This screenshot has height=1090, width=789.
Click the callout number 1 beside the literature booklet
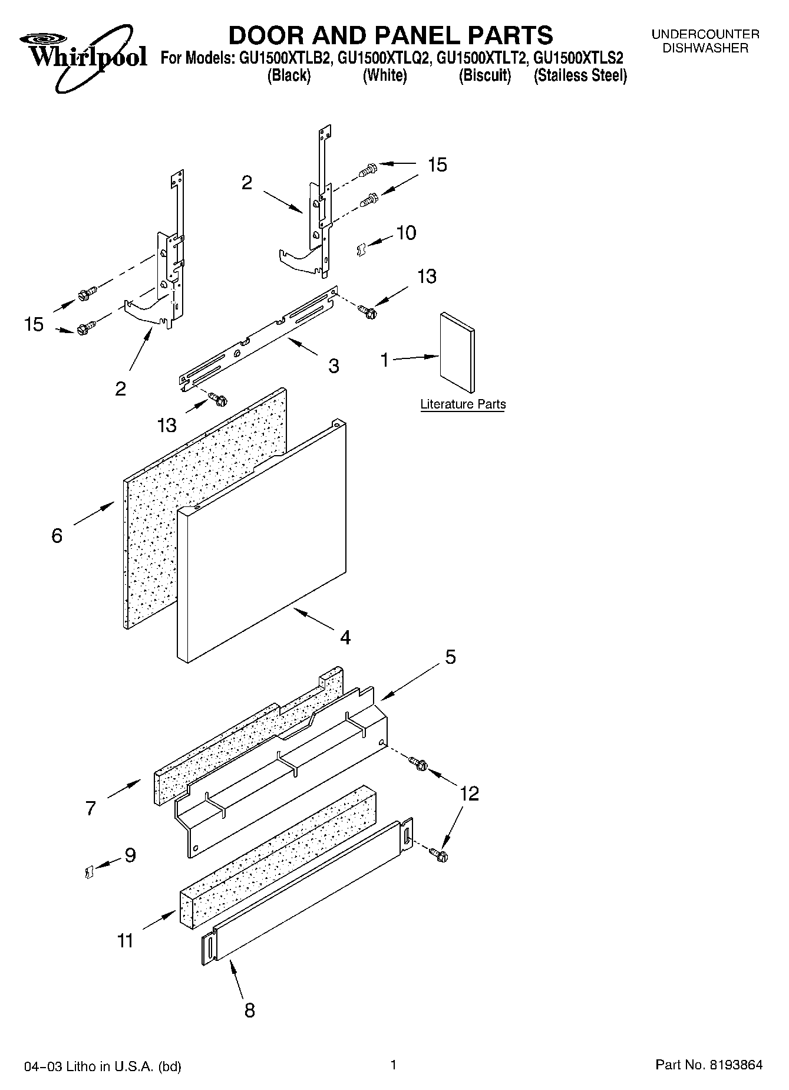[x=385, y=360]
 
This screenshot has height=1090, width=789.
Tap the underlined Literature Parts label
[x=463, y=404]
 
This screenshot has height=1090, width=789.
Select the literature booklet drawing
[x=457, y=352]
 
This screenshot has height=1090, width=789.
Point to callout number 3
[x=334, y=366]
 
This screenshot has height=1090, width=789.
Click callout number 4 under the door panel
[x=345, y=637]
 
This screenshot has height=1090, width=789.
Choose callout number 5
[x=450, y=657]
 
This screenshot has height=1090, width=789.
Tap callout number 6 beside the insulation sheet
[x=57, y=535]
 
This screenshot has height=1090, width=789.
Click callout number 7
[x=90, y=808]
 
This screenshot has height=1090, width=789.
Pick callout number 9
[x=130, y=855]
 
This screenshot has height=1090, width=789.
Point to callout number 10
[x=406, y=233]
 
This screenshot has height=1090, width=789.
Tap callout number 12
[x=469, y=793]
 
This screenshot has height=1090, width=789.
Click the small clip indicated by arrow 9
[x=89, y=871]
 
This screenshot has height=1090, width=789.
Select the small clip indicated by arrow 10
[x=361, y=250]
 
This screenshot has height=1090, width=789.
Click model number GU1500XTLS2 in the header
[x=577, y=58]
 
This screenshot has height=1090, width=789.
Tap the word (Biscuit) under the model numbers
[x=484, y=75]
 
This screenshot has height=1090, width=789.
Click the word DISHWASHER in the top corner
[x=705, y=48]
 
